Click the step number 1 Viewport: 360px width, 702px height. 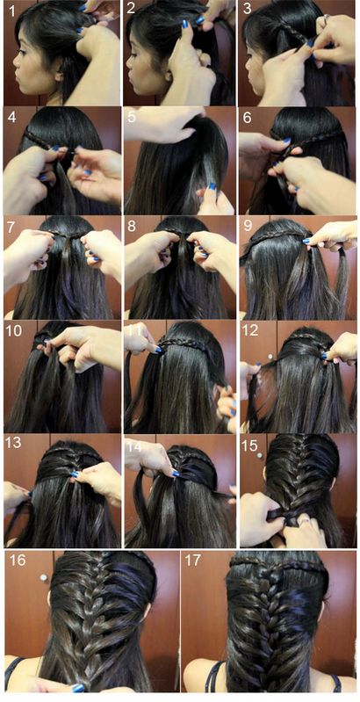pyautogui.click(x=11, y=11)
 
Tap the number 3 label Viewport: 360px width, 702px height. pyautogui.click(x=248, y=9)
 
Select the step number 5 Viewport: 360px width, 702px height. pyautogui.click(x=131, y=118)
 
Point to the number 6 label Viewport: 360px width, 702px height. pyautogui.click(x=248, y=118)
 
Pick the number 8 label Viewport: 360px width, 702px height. pyautogui.click(x=131, y=226)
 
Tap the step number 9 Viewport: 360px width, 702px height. pyautogui.click(x=248, y=226)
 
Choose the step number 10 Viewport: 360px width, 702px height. pyautogui.click(x=15, y=331)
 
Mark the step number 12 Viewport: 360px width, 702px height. pyautogui.click(x=251, y=331)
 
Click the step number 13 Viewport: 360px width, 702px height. pyautogui.click(x=14, y=443)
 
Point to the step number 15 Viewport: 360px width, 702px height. pyautogui.click(x=250, y=445)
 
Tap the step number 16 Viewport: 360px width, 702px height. pyautogui.click(x=18, y=561)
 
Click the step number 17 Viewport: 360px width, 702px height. pyautogui.click(x=194, y=561)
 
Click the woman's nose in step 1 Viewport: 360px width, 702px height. pyautogui.click(x=15, y=60)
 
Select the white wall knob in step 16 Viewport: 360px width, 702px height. pyautogui.click(x=43, y=577)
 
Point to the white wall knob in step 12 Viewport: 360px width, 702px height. pyautogui.click(x=270, y=357)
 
